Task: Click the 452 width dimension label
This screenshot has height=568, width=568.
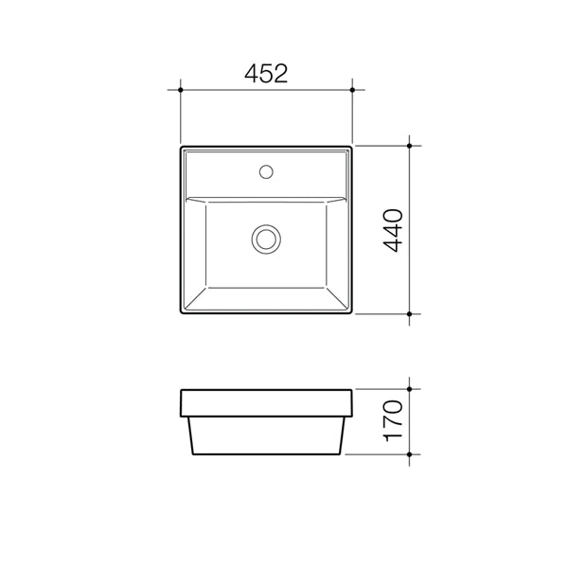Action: (266, 74)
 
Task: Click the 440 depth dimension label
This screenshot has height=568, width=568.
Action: (394, 230)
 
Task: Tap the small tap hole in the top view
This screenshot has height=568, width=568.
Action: (266, 172)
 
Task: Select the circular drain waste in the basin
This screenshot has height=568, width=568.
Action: (266, 238)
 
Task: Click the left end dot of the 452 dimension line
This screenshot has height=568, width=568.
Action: (180, 90)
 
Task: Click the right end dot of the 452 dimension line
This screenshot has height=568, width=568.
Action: (353, 90)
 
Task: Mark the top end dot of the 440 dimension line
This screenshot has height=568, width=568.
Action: (409, 146)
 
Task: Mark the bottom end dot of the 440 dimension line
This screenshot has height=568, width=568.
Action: (409, 313)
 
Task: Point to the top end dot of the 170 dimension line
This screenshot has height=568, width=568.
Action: (409, 388)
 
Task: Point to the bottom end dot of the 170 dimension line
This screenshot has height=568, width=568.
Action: (409, 453)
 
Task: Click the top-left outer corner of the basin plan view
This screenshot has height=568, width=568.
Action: (181, 147)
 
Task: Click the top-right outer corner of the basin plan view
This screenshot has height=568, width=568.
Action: (352, 147)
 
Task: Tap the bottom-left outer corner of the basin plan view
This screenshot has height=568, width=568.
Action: (181, 313)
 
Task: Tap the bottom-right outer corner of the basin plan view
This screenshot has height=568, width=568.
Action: (352, 313)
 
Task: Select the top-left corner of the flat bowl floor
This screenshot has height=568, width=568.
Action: (206, 204)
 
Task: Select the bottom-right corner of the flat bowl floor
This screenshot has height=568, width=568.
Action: (327, 286)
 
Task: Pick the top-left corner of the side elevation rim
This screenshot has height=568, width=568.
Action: (180, 389)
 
